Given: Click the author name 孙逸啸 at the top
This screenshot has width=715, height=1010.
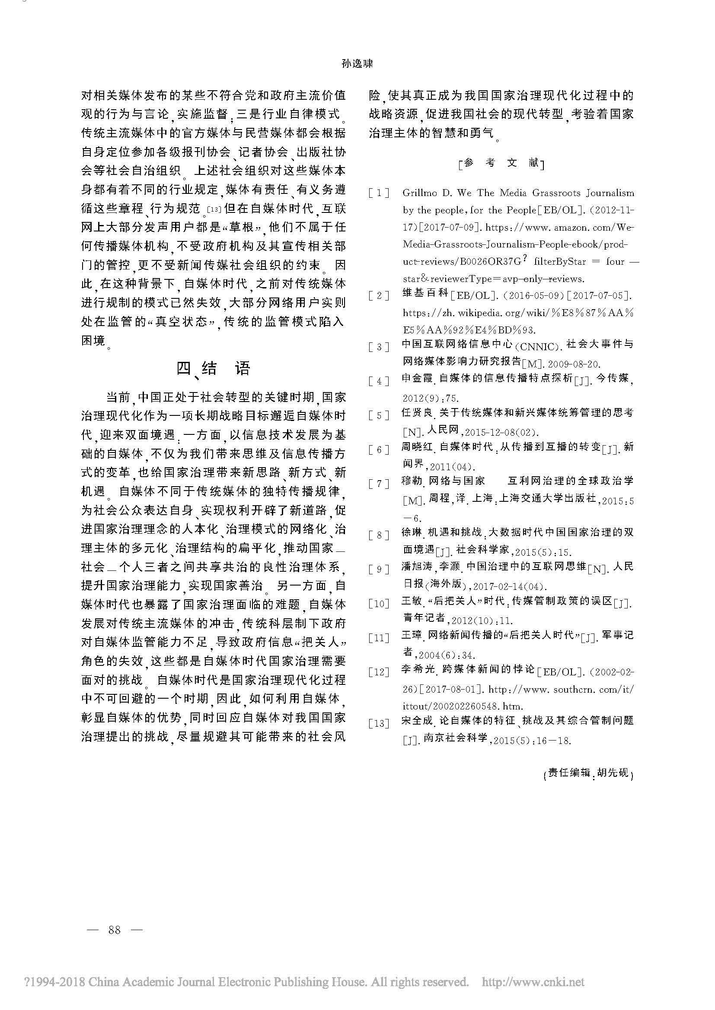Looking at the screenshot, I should (357, 64).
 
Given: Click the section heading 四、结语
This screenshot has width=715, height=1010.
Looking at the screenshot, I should (214, 369).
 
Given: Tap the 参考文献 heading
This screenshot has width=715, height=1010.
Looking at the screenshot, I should (501, 163).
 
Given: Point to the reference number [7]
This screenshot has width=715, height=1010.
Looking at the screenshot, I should (379, 484).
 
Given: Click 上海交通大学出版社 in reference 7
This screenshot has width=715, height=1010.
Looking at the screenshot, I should (546, 498).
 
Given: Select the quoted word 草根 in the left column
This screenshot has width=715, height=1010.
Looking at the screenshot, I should (243, 228).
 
